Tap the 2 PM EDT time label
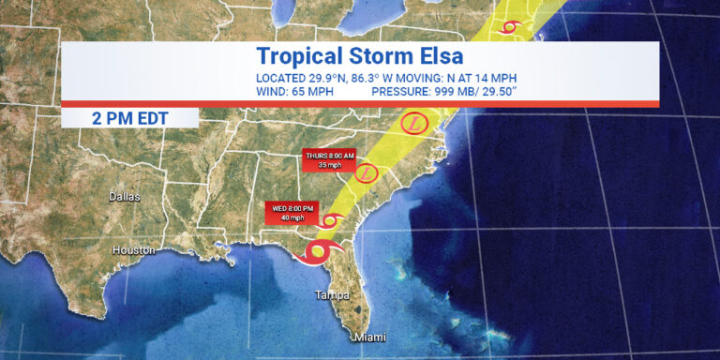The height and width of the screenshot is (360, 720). point(129,118)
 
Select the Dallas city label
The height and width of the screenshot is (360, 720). point(124,197)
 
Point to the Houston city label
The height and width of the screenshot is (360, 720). point(133,250)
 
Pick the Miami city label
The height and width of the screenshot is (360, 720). point(369,337)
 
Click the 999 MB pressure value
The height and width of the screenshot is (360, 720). point(459,92)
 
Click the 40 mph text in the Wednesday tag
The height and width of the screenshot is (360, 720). point(294,217)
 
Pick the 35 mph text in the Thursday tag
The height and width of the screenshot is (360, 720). point(329,165)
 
